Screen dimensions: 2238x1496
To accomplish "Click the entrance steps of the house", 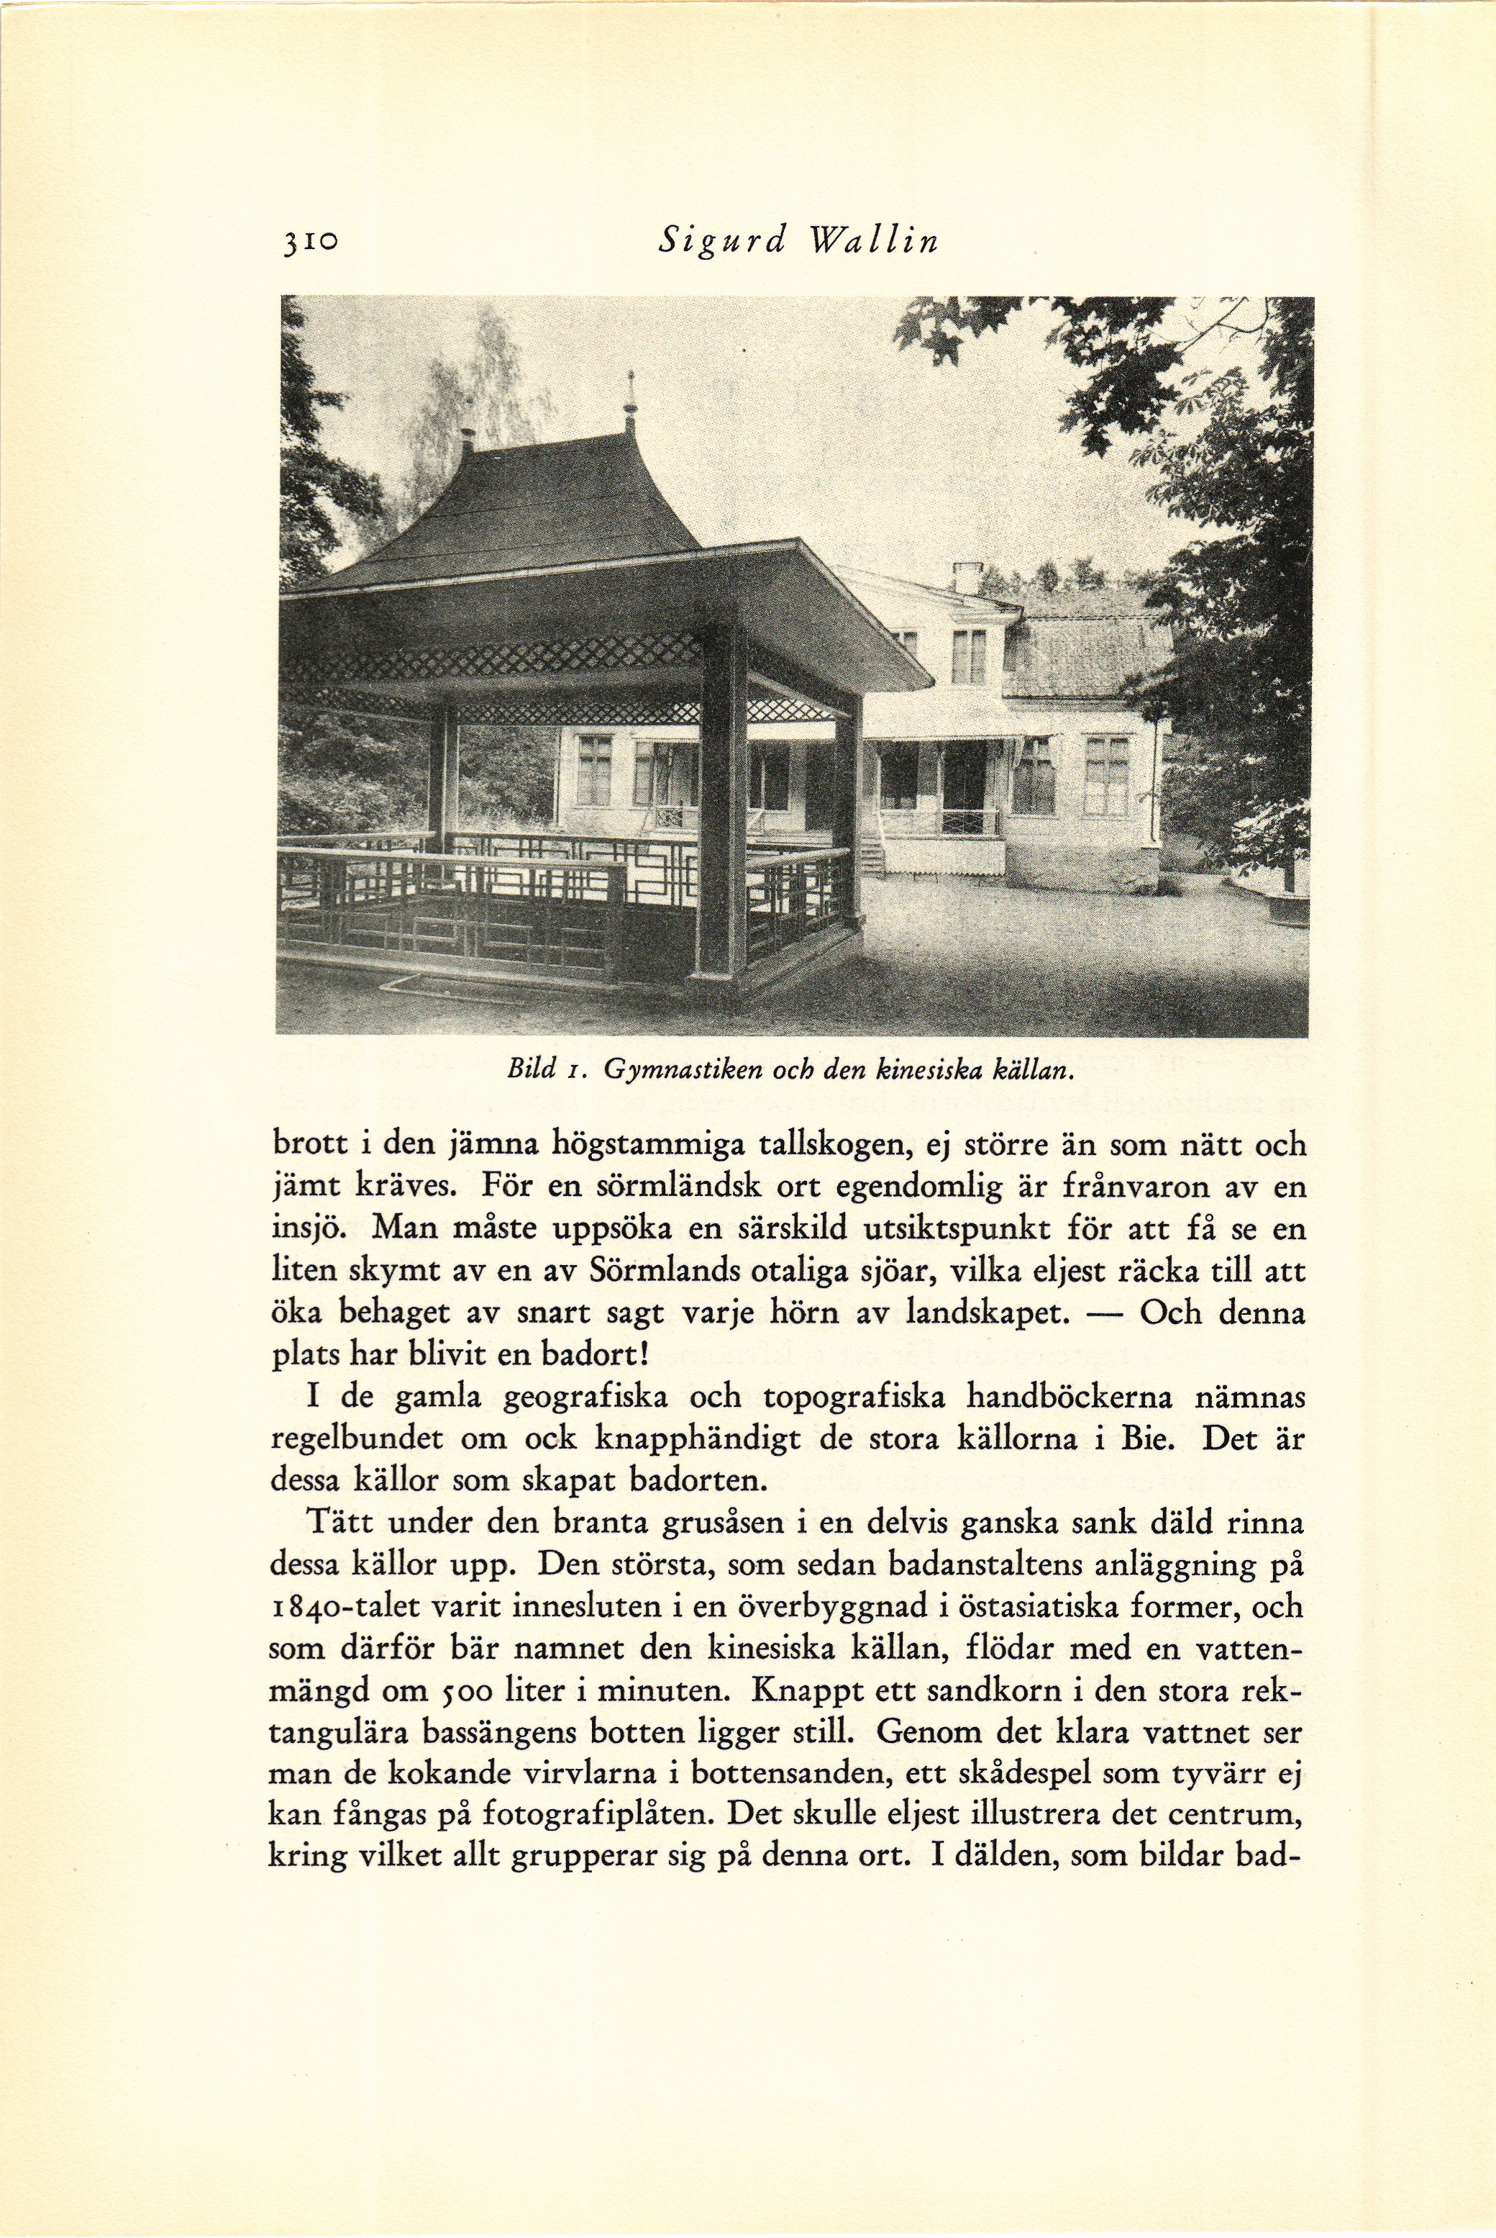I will [870, 855].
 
